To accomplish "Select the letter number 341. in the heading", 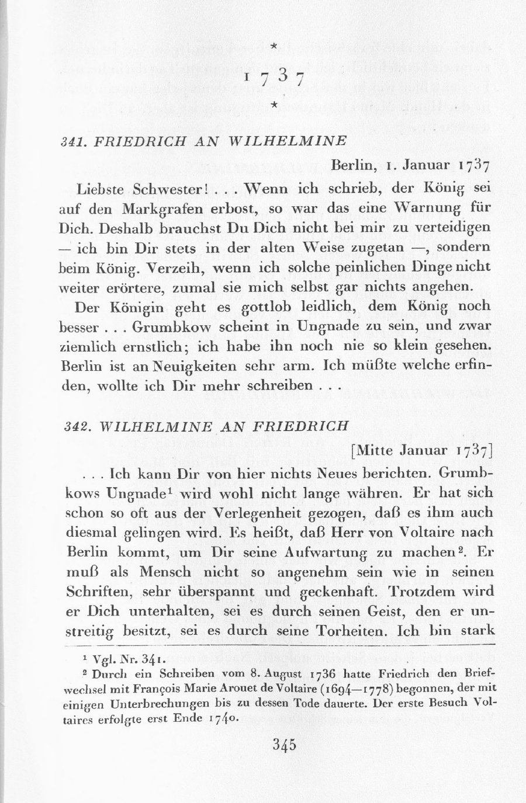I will (x=74, y=142).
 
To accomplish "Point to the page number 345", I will (x=285, y=745).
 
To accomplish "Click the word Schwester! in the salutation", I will (x=163, y=190).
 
